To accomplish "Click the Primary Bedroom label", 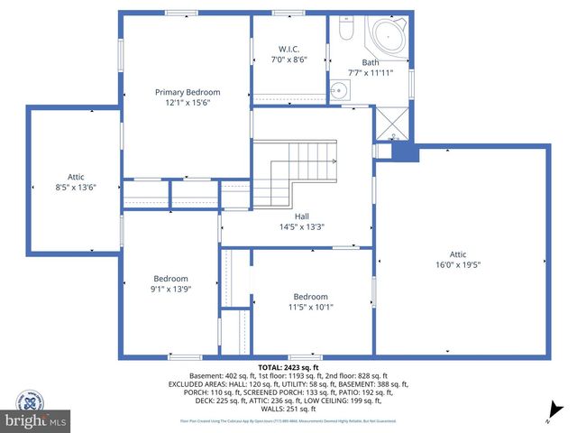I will (x=188, y=92).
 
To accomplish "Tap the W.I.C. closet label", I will (x=288, y=49).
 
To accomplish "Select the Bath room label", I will (x=371, y=62).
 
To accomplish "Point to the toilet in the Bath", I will (x=344, y=31).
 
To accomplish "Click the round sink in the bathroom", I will (x=338, y=89).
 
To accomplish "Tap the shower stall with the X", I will (x=393, y=124).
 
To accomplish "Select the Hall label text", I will (x=288, y=217).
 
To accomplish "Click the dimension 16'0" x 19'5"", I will (x=460, y=265).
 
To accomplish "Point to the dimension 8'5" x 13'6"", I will (x=75, y=187).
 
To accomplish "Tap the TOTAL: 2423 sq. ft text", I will (x=288, y=367).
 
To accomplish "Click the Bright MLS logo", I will (x=36, y=420).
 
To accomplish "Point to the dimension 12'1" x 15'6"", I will (x=188, y=103).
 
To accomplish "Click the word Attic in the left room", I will (x=75, y=177).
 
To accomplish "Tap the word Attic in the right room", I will (x=460, y=254).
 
